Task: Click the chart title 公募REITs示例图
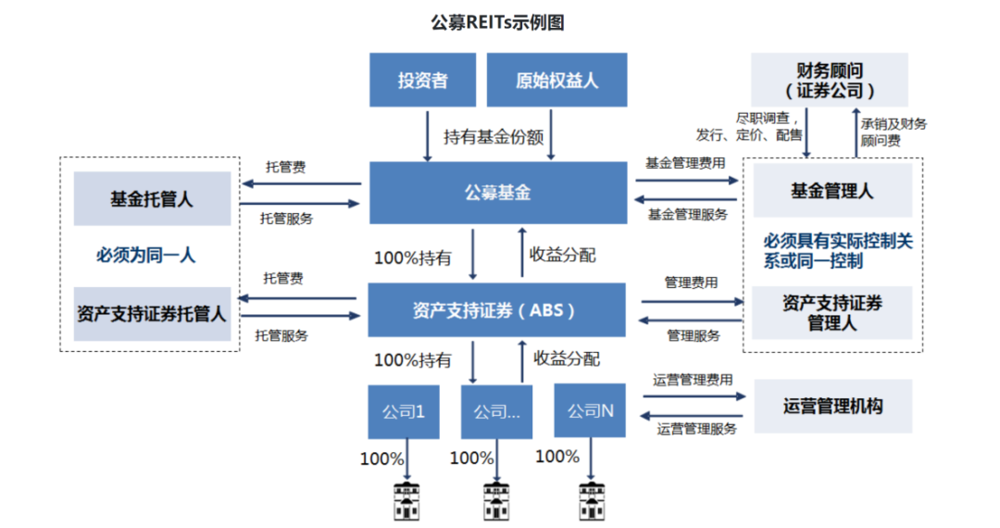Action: (x=497, y=22)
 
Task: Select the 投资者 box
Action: (x=423, y=80)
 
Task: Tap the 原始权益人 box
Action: (x=556, y=80)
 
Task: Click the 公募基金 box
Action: (x=498, y=193)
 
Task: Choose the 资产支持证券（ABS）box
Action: (x=497, y=310)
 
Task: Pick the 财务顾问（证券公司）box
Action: (x=830, y=80)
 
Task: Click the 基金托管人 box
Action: (x=153, y=199)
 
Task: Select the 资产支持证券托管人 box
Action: (x=153, y=314)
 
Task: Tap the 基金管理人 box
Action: (x=833, y=191)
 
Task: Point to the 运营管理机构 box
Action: (x=833, y=407)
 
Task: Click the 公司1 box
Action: (x=404, y=411)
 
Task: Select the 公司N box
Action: (x=590, y=410)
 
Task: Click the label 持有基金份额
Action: (x=494, y=136)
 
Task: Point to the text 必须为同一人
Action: (x=145, y=255)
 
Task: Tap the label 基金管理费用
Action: (x=685, y=163)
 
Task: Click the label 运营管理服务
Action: (x=696, y=429)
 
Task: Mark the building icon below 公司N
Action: (x=591, y=501)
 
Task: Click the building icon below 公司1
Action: (x=406, y=501)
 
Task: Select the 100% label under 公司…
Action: (x=472, y=458)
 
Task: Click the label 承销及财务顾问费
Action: (x=894, y=132)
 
